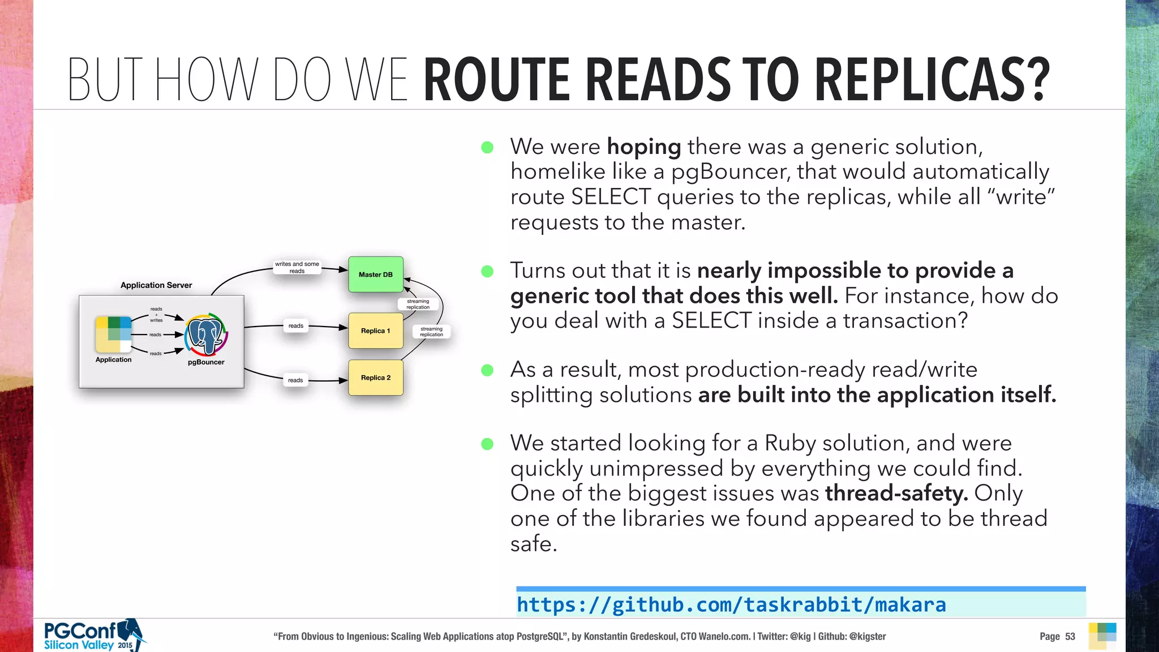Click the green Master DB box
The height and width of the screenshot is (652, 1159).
click(x=376, y=274)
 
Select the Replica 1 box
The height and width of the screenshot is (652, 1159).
click(x=376, y=331)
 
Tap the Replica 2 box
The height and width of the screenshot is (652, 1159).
click(x=376, y=378)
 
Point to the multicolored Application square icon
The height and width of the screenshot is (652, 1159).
click(x=114, y=334)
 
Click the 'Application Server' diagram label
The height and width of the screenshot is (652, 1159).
click(x=156, y=285)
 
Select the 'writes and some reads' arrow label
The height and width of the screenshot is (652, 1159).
click(x=297, y=267)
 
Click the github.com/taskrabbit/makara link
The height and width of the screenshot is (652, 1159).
click(x=731, y=604)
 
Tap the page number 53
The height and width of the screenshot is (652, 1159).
click(x=1070, y=636)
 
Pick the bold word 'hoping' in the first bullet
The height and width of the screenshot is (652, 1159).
click(x=644, y=147)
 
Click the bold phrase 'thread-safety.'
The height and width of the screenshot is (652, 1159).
click(x=896, y=494)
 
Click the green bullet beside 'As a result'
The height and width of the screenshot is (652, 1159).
click(x=487, y=371)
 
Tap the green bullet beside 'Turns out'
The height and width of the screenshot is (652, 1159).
click(x=487, y=272)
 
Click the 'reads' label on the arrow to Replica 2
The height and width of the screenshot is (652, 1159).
click(x=295, y=380)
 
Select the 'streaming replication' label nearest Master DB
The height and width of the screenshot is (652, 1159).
click(x=418, y=304)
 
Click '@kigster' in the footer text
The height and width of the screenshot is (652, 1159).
click(x=868, y=636)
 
